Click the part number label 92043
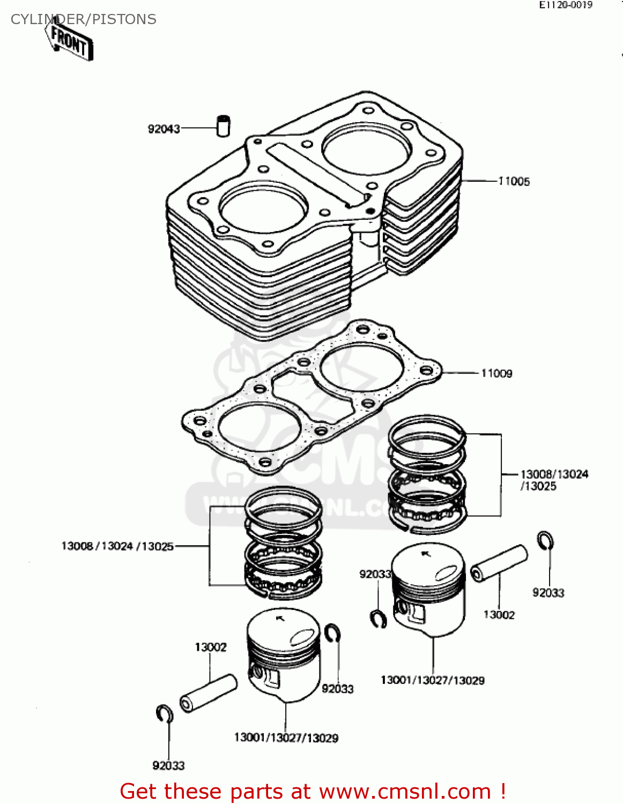164,129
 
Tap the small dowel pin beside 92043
223,126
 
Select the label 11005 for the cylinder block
514,181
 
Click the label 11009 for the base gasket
496,373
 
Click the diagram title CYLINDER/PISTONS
84,19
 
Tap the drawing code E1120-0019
566,5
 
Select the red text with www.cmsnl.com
313,792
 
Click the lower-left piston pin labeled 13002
209,693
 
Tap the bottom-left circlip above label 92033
165,714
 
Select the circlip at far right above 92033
545,540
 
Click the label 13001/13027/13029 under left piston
286,738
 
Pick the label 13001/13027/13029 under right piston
432,680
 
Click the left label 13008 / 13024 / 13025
117,546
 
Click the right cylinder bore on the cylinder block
367,149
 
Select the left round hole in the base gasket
259,428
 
